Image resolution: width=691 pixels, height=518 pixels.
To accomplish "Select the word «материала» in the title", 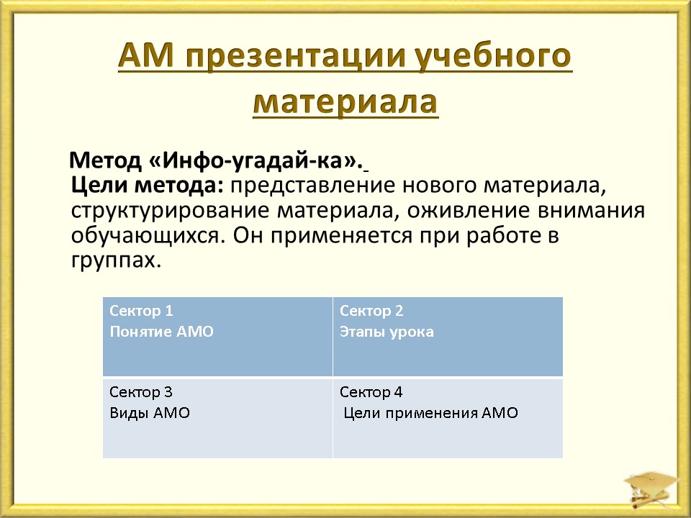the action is (x=345, y=103).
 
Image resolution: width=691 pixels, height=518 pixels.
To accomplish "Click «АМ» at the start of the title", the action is (x=146, y=55).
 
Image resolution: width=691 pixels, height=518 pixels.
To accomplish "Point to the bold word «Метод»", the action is (x=105, y=160).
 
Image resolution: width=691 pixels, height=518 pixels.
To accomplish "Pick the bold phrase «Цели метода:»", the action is (x=148, y=186).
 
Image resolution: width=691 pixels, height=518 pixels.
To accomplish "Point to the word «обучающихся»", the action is (x=145, y=237).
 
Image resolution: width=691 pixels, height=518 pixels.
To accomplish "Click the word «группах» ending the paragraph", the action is (x=113, y=261).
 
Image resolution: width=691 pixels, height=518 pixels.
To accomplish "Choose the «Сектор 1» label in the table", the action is (x=141, y=311).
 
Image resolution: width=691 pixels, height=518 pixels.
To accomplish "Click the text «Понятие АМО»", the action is (x=161, y=331).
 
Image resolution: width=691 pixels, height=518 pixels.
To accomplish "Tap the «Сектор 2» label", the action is (x=371, y=311).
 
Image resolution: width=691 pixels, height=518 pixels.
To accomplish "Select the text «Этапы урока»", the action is (x=387, y=332).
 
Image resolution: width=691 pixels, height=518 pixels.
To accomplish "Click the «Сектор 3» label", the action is (x=141, y=392).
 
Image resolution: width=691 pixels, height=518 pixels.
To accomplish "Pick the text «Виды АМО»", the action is (x=150, y=413).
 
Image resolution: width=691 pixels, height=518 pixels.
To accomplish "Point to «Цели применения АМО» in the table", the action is (x=430, y=413).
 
